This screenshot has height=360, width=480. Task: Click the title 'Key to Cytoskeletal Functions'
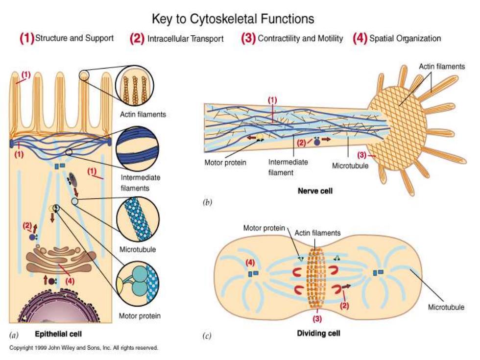[233, 19]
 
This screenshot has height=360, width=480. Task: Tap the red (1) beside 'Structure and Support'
[27, 38]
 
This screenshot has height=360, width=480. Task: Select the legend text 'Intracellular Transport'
[186, 39]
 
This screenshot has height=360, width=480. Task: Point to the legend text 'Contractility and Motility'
[300, 38]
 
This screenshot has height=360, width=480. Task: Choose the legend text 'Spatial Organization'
[405, 38]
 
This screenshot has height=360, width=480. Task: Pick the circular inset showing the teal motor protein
[138, 284]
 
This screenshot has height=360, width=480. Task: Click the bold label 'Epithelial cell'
[58, 334]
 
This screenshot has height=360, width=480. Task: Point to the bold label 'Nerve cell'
[315, 191]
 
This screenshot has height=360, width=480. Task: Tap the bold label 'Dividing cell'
[318, 333]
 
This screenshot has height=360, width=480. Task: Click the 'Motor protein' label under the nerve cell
[225, 162]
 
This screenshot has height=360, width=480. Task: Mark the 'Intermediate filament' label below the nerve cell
[288, 167]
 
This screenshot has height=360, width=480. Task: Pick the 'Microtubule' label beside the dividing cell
[446, 307]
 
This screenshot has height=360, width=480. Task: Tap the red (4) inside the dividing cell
[250, 263]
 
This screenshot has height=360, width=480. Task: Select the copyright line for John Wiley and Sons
[84, 348]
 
